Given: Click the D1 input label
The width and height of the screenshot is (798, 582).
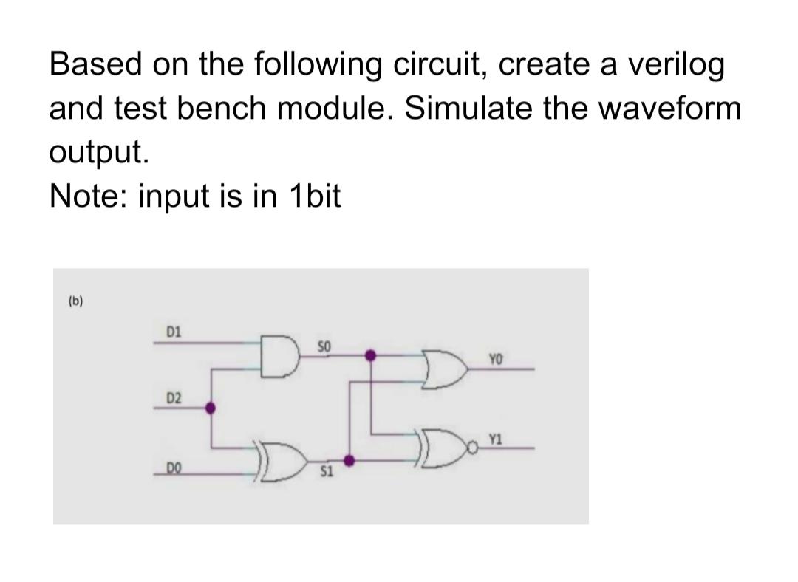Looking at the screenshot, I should pyautogui.click(x=174, y=333).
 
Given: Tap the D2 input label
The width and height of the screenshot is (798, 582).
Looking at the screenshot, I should pyautogui.click(x=174, y=399).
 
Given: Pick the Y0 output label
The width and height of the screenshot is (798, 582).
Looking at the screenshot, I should pyautogui.click(x=495, y=360).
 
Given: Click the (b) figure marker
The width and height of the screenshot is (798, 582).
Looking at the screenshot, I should pyautogui.click(x=75, y=301).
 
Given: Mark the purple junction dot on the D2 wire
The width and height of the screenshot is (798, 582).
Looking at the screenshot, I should pyautogui.click(x=211, y=407).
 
